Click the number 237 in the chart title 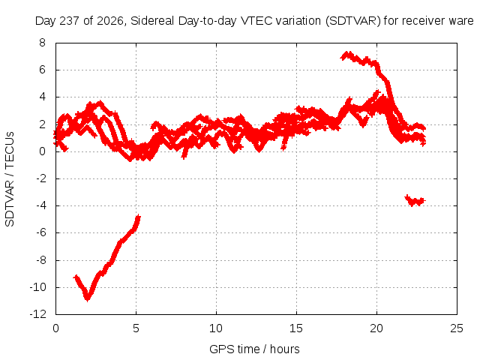coord(70,21)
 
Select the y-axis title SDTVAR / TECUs coord(10,179)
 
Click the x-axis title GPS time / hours coord(254,349)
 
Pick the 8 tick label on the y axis coord(42,43)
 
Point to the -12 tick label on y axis coord(37,314)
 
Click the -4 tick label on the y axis coord(40,205)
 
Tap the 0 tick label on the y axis coord(42,151)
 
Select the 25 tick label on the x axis coord(457,328)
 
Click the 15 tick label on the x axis coord(296,328)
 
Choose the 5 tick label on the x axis coord(136,328)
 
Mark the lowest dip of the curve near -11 coord(88,298)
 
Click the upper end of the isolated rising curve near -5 coord(138,217)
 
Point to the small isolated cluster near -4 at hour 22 coord(415,200)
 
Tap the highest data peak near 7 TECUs coord(347,54)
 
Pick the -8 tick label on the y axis coord(40,260)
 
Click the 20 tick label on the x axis coord(376,328)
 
